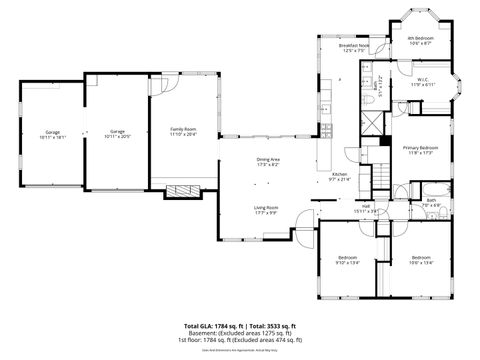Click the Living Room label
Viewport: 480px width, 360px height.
coord(266,210)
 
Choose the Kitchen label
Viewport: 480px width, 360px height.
coord(340,177)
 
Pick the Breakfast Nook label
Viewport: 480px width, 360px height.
coord(353,47)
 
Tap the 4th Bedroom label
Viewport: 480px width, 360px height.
coord(420,41)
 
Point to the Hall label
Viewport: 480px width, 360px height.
coord(366,209)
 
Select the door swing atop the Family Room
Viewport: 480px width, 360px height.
coord(172,85)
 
